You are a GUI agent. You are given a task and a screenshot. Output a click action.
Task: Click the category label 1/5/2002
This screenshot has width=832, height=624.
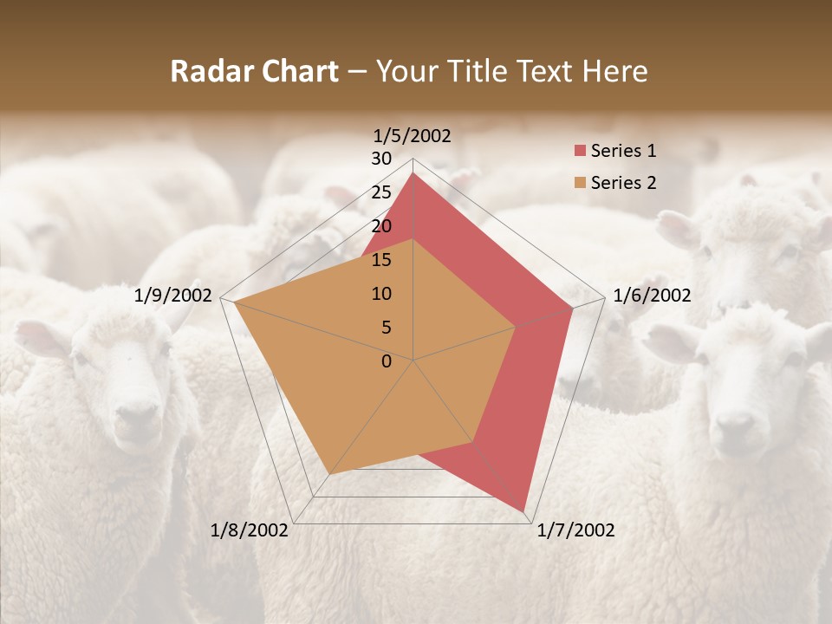tap(413, 135)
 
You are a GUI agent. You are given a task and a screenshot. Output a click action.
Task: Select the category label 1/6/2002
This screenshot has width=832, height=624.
tap(652, 296)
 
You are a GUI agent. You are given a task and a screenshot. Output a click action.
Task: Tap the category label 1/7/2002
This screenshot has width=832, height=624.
tap(575, 530)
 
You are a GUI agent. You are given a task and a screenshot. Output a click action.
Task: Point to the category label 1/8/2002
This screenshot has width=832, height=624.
tap(250, 530)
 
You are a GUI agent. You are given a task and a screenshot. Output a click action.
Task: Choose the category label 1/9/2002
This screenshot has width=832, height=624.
tap(173, 296)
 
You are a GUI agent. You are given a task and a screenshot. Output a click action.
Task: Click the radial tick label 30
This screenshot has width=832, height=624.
tap(381, 159)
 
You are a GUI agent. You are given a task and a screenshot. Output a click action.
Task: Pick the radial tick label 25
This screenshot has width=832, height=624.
tap(381, 192)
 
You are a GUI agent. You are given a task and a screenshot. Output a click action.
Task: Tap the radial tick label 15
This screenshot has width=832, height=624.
tap(381, 260)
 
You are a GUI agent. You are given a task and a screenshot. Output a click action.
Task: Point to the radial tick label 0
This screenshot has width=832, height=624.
tap(387, 361)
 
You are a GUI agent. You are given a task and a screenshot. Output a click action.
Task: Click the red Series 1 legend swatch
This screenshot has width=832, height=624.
tap(579, 152)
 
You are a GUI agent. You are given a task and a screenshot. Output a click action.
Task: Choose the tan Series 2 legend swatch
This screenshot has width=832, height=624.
tap(579, 183)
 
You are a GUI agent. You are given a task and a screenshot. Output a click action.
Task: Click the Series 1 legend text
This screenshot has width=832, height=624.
tap(623, 152)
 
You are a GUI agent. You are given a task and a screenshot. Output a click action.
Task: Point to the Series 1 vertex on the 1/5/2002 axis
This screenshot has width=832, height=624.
tap(413, 172)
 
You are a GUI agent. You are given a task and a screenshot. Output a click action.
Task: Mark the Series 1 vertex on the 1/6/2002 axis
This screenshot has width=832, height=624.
tap(573, 308)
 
